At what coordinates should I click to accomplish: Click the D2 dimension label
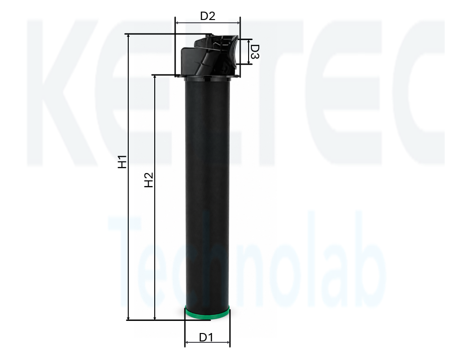point(208,16)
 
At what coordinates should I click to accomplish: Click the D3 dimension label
point(255,52)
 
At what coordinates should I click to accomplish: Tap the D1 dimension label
point(206,337)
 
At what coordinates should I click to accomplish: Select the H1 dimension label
point(122,161)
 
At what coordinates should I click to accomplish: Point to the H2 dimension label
point(149,180)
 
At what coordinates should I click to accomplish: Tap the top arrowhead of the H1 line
point(128,36)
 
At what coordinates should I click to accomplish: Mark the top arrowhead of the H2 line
point(155,78)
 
